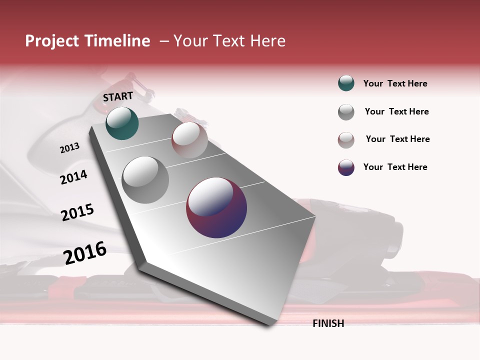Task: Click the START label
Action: [118, 96]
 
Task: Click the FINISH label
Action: [328, 323]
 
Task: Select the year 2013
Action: [70, 147]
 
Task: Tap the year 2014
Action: [74, 177]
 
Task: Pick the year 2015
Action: [77, 212]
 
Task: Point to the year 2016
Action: [85, 253]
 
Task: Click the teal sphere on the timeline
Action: [122, 123]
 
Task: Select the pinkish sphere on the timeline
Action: [189, 140]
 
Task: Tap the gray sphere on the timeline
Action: [145, 180]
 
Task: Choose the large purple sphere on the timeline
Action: [216, 207]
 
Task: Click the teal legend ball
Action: [346, 83]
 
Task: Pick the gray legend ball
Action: [346, 112]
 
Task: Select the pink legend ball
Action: [346, 140]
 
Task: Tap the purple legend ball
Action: [346, 167]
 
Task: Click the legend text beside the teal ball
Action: [395, 83]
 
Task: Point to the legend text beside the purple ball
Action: [395, 167]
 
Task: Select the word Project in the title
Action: [52, 41]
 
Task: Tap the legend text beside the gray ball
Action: [396, 111]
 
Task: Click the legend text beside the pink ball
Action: [397, 139]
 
